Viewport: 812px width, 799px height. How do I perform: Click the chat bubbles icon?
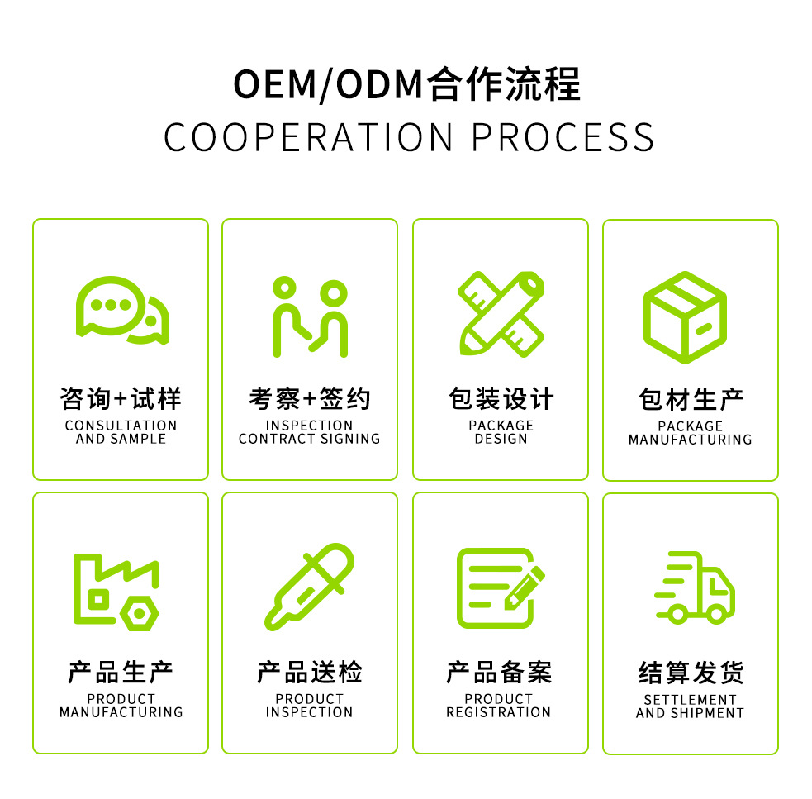coord(122,310)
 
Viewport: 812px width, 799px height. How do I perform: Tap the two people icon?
coord(310,316)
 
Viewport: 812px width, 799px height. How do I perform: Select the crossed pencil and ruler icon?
coord(501,313)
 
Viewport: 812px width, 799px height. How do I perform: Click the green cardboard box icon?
coord(685,317)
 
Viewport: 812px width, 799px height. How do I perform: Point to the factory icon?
coord(116,590)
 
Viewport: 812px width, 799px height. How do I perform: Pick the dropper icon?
coord(309,587)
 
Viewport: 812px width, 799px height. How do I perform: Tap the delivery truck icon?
coord(694,587)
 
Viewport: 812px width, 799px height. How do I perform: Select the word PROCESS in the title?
coord(563,137)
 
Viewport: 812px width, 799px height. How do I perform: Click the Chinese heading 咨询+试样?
coord(121,399)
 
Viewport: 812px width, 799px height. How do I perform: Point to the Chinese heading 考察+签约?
coord(310,399)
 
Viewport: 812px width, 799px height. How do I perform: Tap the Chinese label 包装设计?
coord(501,399)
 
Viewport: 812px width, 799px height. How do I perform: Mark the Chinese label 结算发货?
coord(691,673)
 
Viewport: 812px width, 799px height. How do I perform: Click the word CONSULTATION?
coord(121,426)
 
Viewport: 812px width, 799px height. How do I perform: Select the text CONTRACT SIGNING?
coord(310,439)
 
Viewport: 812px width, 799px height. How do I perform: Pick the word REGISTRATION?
coord(499,712)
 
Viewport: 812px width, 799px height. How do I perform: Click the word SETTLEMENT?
coord(691,700)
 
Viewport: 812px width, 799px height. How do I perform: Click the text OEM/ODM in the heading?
coord(328,85)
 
